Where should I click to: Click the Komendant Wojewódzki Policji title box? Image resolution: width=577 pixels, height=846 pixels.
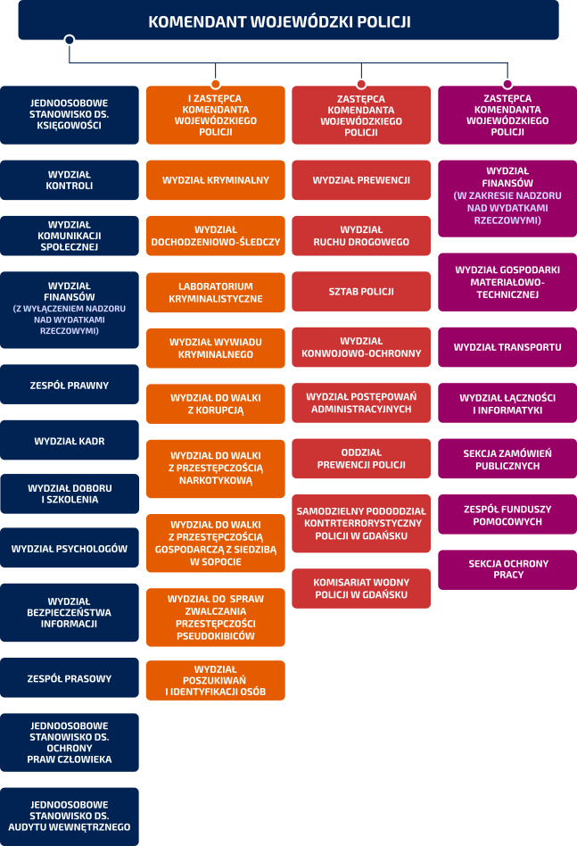click(x=288, y=21)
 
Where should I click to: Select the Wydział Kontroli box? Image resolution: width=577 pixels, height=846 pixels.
click(x=70, y=180)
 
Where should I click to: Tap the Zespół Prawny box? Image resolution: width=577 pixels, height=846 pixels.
click(x=70, y=386)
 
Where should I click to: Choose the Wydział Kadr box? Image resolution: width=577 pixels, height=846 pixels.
click(x=70, y=441)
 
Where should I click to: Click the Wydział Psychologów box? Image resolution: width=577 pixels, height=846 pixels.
click(x=70, y=549)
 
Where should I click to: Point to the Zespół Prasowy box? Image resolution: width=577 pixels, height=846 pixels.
click(x=70, y=679)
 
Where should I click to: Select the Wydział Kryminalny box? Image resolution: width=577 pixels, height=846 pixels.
click(x=216, y=180)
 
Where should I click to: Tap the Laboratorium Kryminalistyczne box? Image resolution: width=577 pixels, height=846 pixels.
click(x=216, y=293)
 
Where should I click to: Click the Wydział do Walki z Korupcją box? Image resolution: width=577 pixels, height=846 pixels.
click(x=216, y=404)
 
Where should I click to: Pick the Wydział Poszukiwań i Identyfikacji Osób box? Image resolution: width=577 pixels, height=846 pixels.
click(x=216, y=681)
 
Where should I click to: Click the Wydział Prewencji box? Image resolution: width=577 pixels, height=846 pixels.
click(x=361, y=180)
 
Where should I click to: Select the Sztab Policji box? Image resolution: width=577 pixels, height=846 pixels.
click(x=361, y=292)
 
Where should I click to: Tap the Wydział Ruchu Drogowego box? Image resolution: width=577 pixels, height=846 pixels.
click(x=361, y=236)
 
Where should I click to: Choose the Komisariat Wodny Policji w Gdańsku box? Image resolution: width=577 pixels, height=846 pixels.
click(x=361, y=588)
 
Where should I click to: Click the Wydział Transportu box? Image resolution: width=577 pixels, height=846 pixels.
click(x=507, y=347)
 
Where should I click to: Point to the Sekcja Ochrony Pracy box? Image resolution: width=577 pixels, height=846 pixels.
click(x=507, y=569)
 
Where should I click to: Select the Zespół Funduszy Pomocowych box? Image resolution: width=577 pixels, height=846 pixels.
click(x=507, y=515)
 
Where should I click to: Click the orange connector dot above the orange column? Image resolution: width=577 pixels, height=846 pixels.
click(x=216, y=84)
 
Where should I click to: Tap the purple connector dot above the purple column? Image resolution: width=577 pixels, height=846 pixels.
click(x=507, y=84)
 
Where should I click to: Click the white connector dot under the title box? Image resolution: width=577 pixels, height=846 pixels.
click(x=70, y=39)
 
